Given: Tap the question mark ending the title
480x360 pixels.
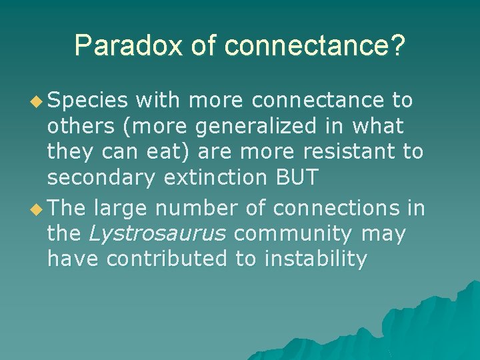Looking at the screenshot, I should pyautogui.click(x=397, y=46).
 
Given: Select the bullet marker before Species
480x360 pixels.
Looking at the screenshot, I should pyautogui.click(x=37, y=101).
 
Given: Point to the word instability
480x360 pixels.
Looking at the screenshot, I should pyautogui.click(x=316, y=259).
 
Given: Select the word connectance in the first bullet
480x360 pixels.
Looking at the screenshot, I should pyautogui.click(x=318, y=100).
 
